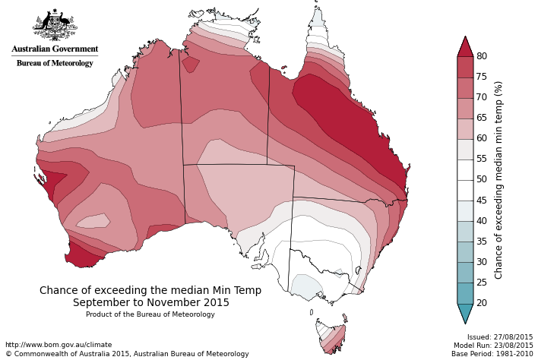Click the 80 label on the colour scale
482,56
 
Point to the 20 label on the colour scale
482,303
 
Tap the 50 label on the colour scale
482,180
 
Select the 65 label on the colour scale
482,118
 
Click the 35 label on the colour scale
482,242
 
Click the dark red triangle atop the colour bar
465,47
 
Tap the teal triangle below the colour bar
465,312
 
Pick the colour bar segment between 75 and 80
465,67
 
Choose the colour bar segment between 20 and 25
465,293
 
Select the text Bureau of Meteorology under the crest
55,63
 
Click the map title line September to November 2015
150,302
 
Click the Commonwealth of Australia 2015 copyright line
127,354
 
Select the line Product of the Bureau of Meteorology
150,314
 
